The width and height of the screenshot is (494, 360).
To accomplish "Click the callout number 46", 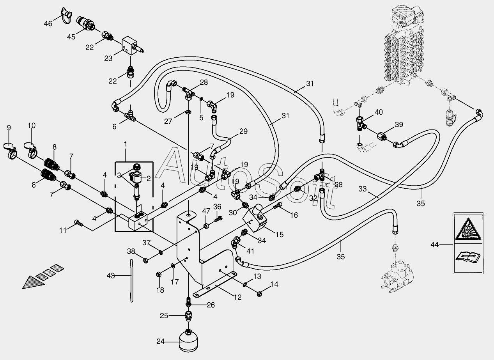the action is point(48,23).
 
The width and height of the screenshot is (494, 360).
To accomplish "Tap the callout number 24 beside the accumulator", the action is point(161,341).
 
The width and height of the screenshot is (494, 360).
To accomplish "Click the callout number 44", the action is point(435,245).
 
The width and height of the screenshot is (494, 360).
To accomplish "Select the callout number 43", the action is point(111,276).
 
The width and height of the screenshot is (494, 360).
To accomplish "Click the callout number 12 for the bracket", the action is point(237,298).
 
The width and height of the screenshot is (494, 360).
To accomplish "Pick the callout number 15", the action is point(280,234).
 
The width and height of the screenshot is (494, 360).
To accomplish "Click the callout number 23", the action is point(108,59).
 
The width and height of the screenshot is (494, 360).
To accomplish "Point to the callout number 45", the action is point(71,37).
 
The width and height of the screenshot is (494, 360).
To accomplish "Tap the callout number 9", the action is point(9,128).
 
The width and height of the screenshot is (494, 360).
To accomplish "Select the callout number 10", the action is point(32,126).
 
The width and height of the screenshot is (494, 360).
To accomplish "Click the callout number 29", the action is point(243,131).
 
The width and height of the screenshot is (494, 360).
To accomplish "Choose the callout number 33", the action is point(362,189).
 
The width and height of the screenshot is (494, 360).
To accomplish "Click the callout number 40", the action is point(379,112).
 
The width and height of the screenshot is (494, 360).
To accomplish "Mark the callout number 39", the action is point(399,125).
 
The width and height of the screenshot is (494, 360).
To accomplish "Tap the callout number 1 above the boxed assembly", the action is point(126,144).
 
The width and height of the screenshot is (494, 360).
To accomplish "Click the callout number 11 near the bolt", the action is point(63,231).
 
